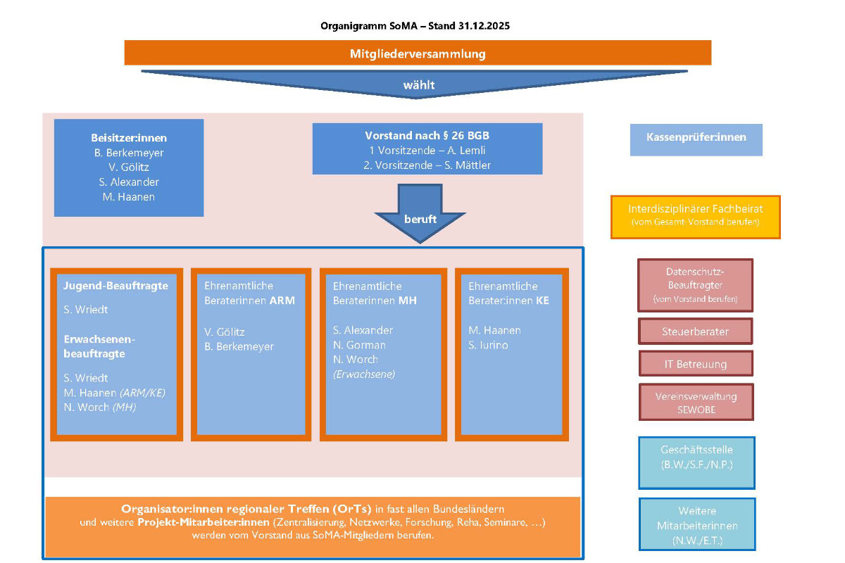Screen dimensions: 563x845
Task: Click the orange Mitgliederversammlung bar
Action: coord(418,53)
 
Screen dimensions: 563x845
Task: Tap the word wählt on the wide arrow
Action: coord(418,85)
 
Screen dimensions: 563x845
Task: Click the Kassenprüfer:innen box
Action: coord(696,138)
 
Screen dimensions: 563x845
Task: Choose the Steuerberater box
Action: coord(695,331)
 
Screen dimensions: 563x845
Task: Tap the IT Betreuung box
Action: coord(695,364)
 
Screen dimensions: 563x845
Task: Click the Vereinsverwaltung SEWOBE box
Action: coord(695,403)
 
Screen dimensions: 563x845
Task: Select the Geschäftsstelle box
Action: coord(696,462)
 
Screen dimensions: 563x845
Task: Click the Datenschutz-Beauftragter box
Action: coord(695,285)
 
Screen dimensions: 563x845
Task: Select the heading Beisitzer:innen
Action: coord(129,138)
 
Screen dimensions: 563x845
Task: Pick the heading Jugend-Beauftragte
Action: coord(115,286)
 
